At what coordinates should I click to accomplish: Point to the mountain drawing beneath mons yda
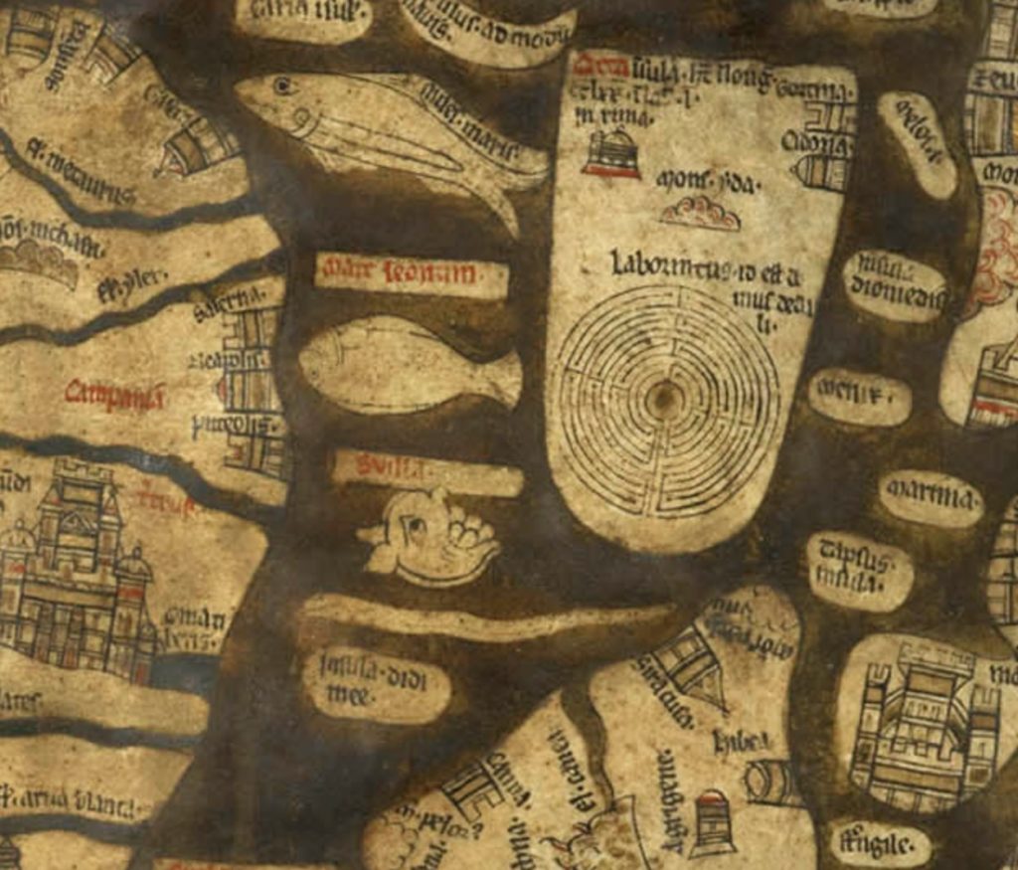(x=702, y=212)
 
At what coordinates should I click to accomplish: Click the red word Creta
(x=601, y=68)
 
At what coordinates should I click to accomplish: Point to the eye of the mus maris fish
(x=285, y=87)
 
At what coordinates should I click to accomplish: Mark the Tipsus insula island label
(x=858, y=570)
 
